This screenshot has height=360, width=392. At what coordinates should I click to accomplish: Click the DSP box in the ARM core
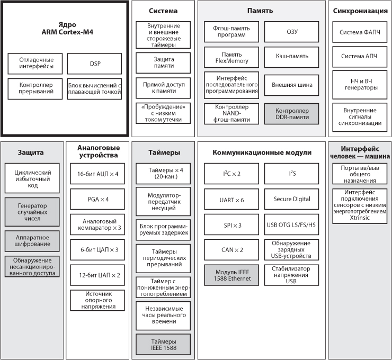pos(94,64)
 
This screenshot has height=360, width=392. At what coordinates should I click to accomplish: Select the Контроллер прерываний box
pos(35,89)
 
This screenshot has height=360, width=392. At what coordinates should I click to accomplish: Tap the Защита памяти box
pos(163,62)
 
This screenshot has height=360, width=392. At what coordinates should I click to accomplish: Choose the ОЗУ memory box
pos(291,32)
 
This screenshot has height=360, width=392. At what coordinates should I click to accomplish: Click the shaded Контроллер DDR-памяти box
pos(291,114)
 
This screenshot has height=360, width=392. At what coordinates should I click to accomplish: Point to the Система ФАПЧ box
pos(360,32)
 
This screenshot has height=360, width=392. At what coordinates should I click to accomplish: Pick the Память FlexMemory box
pos(231,57)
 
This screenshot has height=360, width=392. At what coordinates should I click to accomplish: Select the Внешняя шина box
pos(291,85)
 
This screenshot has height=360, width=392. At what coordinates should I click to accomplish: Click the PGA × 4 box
pos(97,199)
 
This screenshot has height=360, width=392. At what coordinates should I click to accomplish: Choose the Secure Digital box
pos(291,199)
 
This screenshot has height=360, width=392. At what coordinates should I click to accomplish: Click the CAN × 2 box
pos(231,250)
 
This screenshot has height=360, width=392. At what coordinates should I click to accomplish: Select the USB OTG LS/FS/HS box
pos(291,224)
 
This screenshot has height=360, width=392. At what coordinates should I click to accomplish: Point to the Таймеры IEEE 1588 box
pos(163,345)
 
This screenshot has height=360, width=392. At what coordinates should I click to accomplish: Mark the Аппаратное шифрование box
pos(32,241)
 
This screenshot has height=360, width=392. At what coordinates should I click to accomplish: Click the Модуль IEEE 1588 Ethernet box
pos(231,275)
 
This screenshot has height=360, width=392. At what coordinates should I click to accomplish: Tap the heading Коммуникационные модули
pos(262,152)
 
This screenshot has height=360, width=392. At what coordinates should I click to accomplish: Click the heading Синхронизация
pos(360,11)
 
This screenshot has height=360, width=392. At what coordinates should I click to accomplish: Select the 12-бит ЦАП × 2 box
pos(97,275)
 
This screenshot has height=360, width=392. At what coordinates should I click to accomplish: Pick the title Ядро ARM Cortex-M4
pos(67,28)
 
